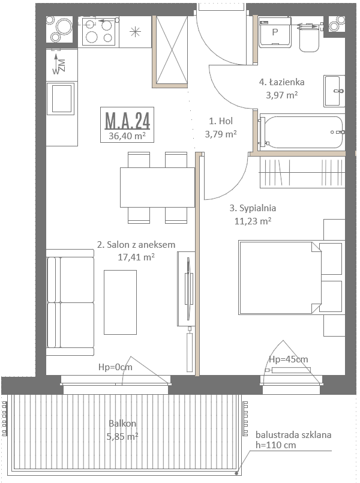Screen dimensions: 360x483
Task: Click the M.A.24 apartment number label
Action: pos(127,121)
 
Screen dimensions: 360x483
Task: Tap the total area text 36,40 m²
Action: pos(127,136)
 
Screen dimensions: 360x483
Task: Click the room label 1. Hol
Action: pos(221,121)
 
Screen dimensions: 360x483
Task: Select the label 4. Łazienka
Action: pos(282,82)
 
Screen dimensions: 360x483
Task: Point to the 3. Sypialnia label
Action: pos(253,208)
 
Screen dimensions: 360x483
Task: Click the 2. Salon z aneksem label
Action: pos(136,245)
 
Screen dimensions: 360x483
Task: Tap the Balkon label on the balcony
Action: pos(122,423)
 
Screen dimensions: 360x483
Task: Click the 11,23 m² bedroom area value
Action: pos(253,221)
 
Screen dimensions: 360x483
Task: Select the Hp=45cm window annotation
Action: pos(288,359)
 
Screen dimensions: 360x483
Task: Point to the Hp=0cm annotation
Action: pos(115,367)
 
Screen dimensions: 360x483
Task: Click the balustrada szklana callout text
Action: pos(293,435)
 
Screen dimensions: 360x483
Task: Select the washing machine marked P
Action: pos(275,32)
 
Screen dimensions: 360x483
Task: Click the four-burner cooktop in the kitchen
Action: pos(98,32)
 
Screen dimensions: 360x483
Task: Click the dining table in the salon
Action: pos(157,187)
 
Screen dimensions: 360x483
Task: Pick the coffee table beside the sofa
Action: pos(120,302)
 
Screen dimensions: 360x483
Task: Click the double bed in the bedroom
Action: pos(290,278)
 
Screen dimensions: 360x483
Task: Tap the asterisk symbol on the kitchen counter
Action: pos(135,32)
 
